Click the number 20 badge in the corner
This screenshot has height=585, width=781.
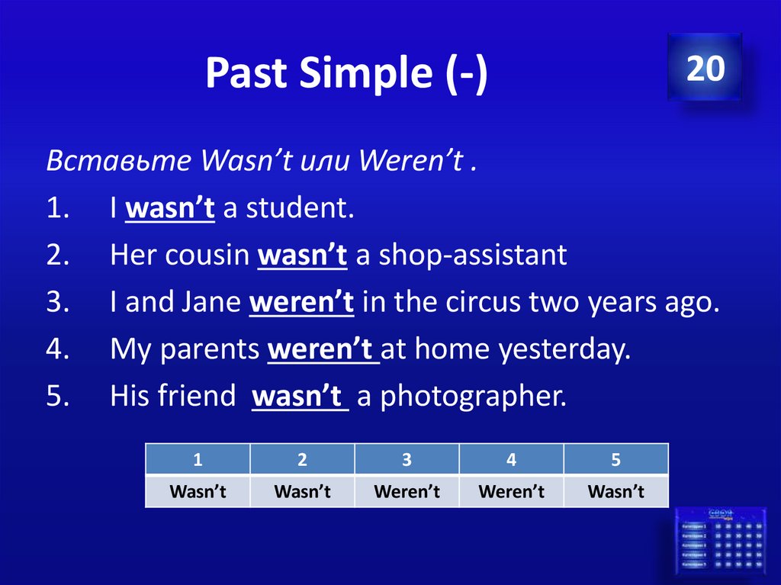[x=705, y=68]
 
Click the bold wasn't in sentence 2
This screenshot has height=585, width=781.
[x=303, y=256]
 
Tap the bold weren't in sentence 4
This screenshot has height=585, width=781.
[x=323, y=349]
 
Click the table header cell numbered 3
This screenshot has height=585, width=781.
[x=407, y=460]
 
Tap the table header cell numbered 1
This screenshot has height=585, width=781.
[x=198, y=460]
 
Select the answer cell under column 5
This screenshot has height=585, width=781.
[x=615, y=492]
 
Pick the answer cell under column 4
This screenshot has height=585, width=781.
[x=511, y=492]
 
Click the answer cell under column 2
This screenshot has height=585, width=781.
[x=302, y=492]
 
